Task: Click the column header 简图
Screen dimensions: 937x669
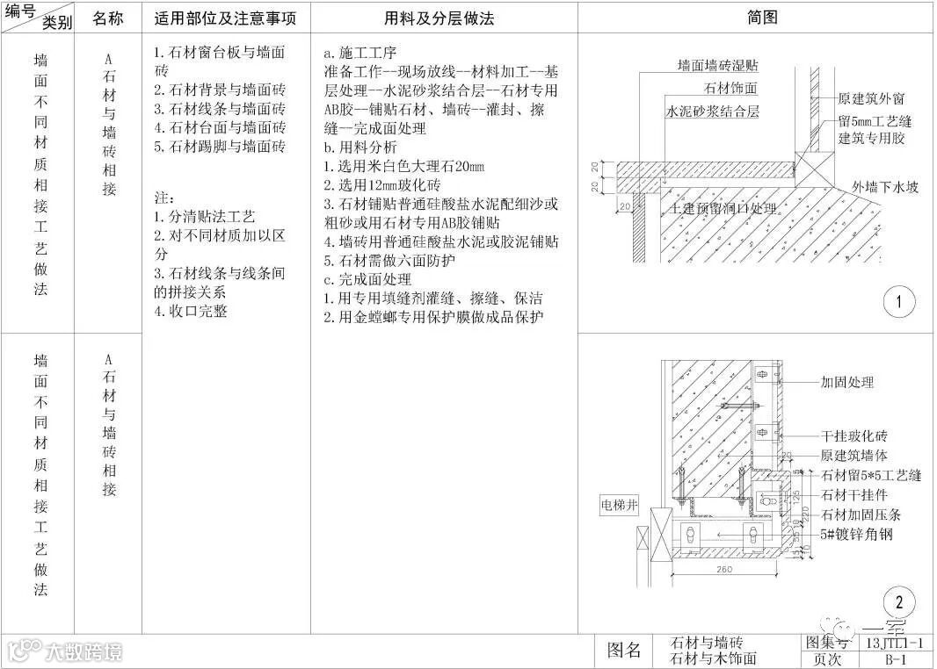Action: (x=761, y=18)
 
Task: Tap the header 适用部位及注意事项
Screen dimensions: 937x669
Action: (x=225, y=18)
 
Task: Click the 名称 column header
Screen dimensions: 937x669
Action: (x=107, y=18)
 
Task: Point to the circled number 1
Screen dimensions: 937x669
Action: (x=898, y=304)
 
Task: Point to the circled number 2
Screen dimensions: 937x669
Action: (x=898, y=603)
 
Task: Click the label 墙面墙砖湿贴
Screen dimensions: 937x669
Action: (x=718, y=66)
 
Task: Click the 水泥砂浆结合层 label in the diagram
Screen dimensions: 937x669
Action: (x=712, y=111)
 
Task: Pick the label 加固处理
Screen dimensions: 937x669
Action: (x=847, y=383)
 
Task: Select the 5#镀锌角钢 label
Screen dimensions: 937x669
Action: (x=857, y=533)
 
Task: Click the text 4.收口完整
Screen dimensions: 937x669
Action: (x=190, y=311)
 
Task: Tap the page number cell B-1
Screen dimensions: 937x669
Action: (x=896, y=659)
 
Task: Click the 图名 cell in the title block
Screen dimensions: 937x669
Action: (x=625, y=651)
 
